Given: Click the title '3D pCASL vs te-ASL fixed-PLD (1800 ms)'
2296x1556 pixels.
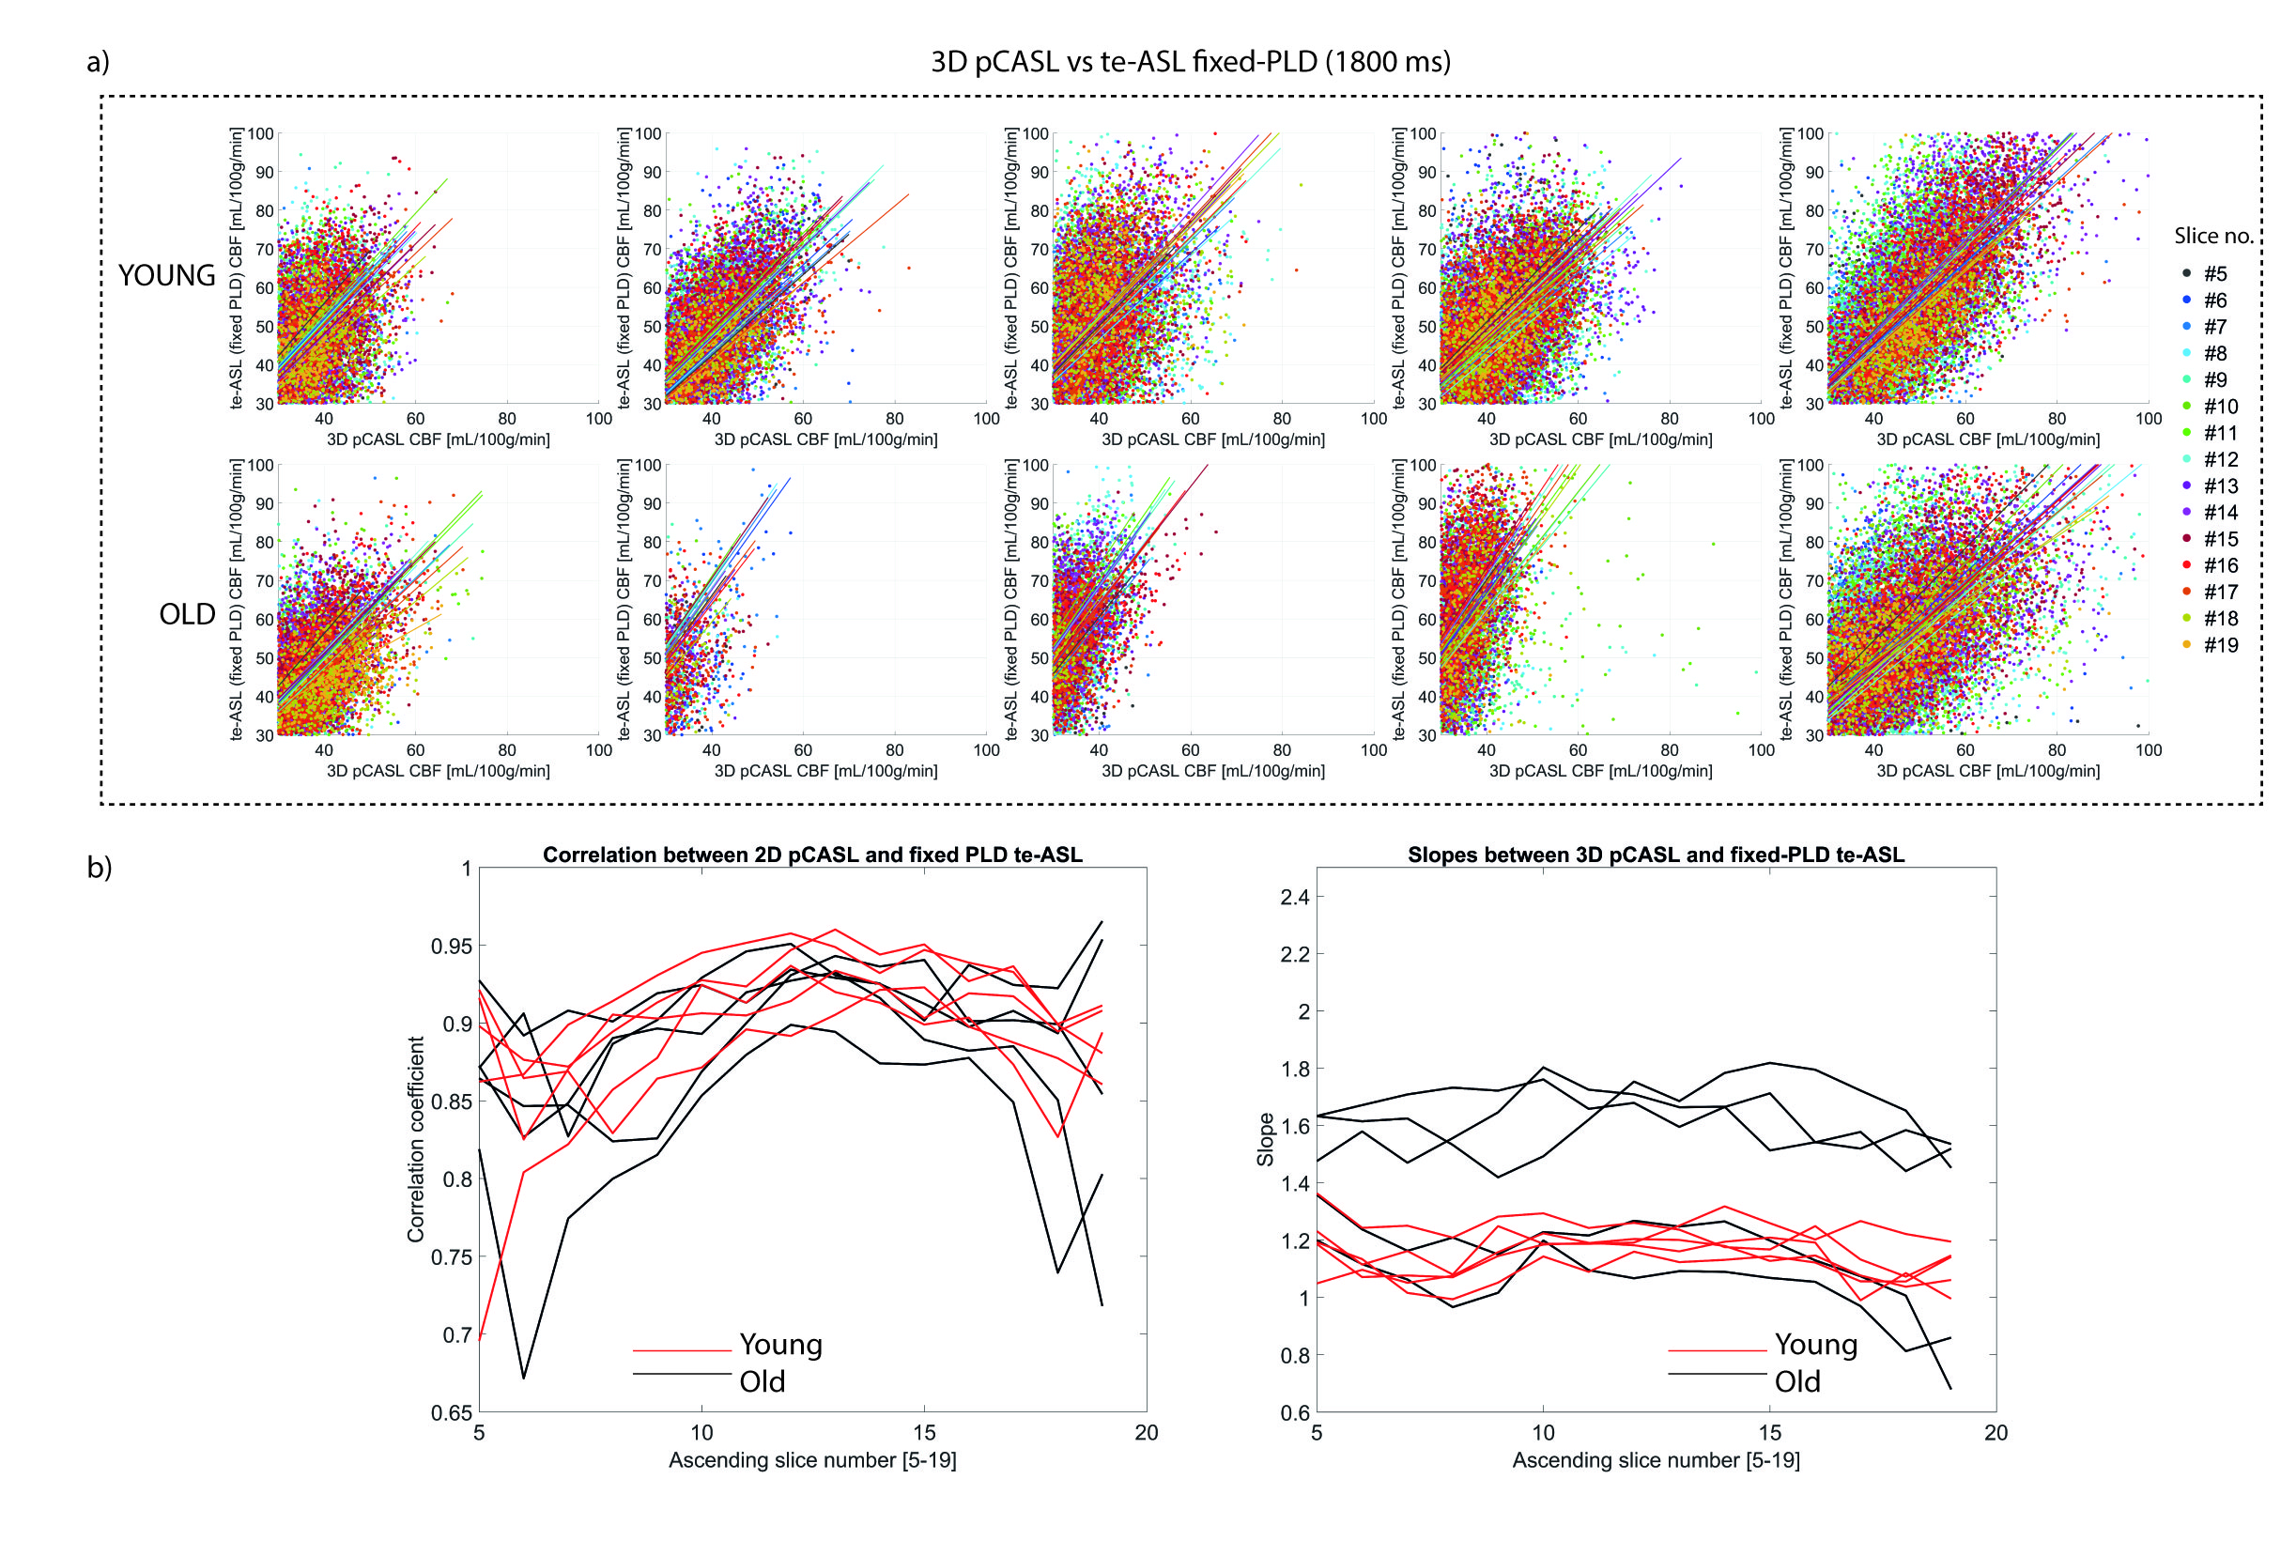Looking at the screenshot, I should tap(1191, 61).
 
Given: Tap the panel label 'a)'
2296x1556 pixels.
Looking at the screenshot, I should tap(98, 62).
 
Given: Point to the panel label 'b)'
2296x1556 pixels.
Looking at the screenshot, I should tap(99, 868).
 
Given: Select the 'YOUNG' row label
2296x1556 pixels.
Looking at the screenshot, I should tap(167, 276).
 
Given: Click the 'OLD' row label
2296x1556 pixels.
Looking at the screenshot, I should tap(187, 614).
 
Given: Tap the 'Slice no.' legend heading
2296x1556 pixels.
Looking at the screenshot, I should tap(2213, 236).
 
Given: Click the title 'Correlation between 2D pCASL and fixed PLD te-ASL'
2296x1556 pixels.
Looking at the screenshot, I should tap(812, 855).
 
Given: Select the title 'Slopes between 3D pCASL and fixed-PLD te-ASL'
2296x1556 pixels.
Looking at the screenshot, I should tap(1656, 855).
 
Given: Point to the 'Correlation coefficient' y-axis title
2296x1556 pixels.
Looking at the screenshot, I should tap(416, 1139).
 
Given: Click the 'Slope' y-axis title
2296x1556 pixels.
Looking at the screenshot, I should tap(1265, 1139).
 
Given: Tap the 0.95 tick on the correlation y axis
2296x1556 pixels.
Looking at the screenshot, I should tap(451, 947).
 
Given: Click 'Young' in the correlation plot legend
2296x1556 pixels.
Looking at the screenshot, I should tap(780, 1345).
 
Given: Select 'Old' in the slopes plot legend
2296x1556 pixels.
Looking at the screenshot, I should tap(1796, 1382).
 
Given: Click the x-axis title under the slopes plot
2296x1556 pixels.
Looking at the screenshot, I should tap(1656, 1460).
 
